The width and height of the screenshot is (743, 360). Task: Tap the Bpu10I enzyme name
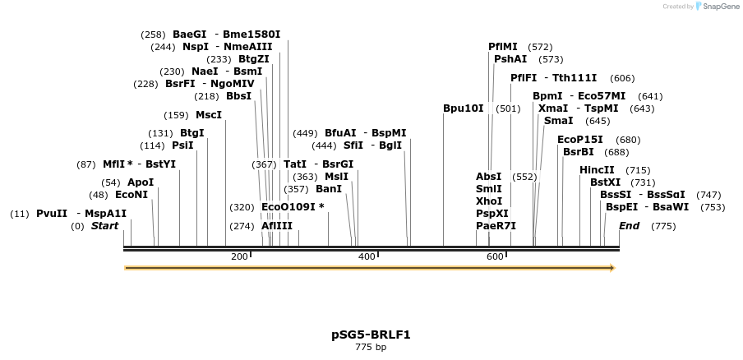464,108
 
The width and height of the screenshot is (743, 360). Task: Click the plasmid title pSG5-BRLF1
371,335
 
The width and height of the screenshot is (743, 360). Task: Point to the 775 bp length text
371,348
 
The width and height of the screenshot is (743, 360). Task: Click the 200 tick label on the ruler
239,257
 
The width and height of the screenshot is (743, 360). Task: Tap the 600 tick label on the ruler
495,257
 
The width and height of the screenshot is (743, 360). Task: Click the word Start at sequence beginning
104,226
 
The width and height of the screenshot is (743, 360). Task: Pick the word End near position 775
629,226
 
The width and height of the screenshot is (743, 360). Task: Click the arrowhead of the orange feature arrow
612,268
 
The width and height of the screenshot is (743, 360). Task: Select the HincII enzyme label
597,170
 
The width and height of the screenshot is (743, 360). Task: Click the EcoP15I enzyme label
579,140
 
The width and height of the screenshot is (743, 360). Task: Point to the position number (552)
524,177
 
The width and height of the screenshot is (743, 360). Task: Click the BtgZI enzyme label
254,59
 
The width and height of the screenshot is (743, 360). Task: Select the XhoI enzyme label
488,201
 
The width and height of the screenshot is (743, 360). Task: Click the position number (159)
176,115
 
